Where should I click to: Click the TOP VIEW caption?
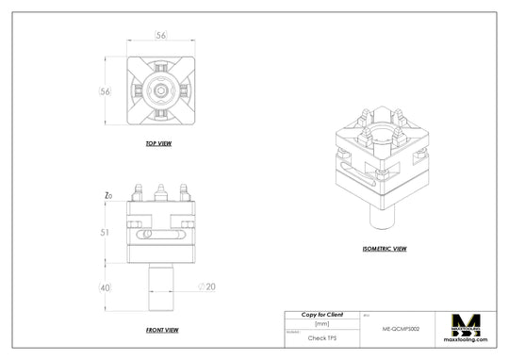coord(157,144)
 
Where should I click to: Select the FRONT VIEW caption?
coord(162,330)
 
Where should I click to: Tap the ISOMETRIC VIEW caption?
coord(384,249)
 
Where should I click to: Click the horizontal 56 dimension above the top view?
coord(162,35)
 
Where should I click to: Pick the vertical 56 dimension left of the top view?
coord(107,91)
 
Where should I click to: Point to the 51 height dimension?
coord(106,231)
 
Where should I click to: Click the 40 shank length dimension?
coord(105,287)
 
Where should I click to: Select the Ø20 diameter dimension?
coord(206,286)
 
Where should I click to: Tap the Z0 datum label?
coord(108,196)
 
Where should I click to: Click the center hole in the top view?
coord(162,91)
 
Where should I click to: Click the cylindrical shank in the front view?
coord(161,287)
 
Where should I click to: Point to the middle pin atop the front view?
coord(161,192)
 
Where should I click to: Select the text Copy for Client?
coord(321,314)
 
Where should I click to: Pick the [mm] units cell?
coord(321,323)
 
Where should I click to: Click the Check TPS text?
coord(321,336)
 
